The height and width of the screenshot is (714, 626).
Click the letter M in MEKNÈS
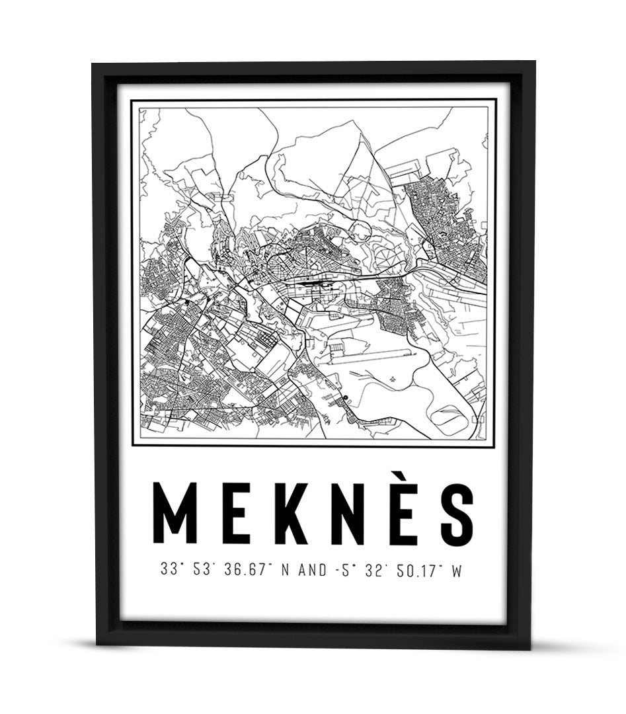175,514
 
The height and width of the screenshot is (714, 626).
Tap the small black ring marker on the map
345,397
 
